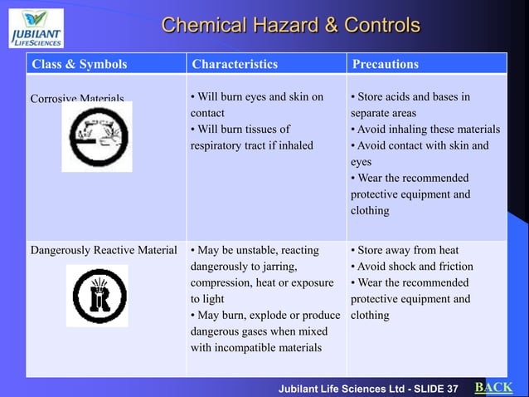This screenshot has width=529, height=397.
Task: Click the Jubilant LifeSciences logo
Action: [36, 27]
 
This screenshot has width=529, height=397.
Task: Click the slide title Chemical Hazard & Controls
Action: [290, 25]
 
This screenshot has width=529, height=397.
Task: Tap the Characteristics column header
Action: [235, 64]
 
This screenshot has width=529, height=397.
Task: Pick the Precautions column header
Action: [386, 64]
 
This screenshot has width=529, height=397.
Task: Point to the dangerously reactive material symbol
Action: [97, 296]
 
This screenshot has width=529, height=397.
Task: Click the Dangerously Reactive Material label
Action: [104, 250]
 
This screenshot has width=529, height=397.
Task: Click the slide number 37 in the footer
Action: [452, 389]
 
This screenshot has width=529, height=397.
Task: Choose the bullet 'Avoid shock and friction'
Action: [412, 267]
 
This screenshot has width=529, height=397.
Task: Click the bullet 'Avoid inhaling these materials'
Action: [425, 130]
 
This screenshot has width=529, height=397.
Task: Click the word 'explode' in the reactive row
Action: [274, 316]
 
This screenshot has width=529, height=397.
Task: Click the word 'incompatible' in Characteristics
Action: [253, 347]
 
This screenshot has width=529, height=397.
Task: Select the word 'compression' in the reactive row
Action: [225, 282]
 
